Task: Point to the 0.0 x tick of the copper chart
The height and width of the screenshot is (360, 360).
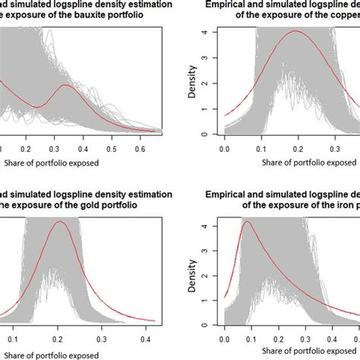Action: click(x=224, y=150)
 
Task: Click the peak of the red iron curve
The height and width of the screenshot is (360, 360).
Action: click(x=246, y=222)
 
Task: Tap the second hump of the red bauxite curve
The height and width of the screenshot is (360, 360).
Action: click(x=66, y=85)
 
